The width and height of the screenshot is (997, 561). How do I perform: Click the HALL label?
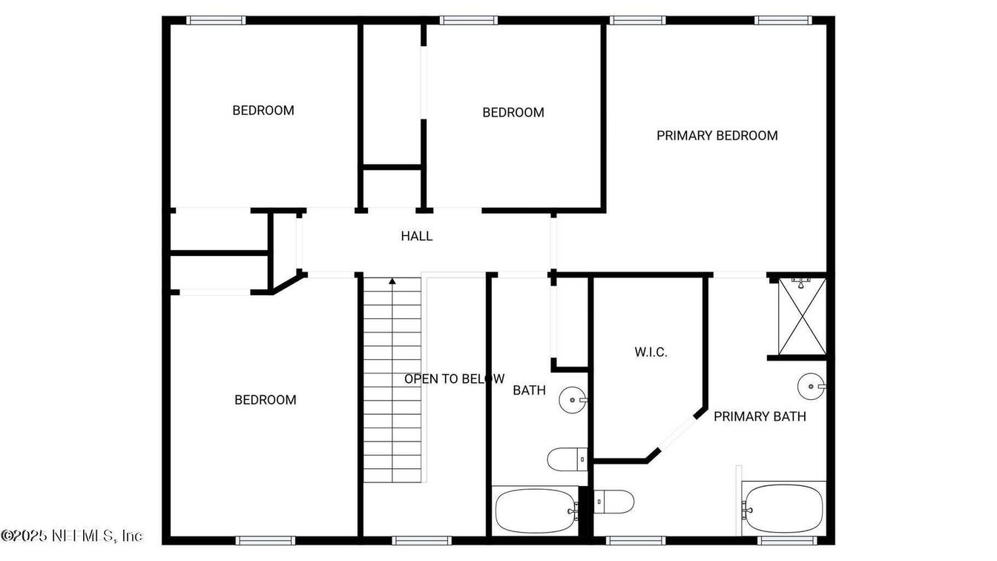click(x=416, y=237)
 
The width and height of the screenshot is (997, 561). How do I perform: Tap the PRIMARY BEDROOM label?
click(x=717, y=136)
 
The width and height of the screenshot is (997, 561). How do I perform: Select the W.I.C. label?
click(x=651, y=352)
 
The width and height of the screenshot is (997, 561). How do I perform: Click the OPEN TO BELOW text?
click(x=454, y=379)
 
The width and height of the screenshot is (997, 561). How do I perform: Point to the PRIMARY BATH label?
click(x=760, y=416)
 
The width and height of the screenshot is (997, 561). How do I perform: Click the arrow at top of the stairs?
click(x=392, y=281)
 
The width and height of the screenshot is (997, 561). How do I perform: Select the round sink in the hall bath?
click(x=573, y=400)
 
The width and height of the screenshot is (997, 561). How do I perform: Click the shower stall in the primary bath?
click(x=800, y=317)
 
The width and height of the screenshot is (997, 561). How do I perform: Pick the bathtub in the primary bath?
click(x=783, y=508)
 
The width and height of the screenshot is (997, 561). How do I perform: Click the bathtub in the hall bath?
click(x=535, y=511)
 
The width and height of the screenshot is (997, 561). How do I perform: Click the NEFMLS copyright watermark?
click(x=72, y=535)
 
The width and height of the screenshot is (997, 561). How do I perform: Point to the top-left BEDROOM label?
click(x=263, y=111)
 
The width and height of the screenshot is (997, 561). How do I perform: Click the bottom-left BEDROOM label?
click(x=266, y=400)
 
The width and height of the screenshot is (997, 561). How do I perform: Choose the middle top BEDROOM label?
click(x=513, y=113)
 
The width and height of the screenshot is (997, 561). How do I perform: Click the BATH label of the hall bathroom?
click(x=530, y=390)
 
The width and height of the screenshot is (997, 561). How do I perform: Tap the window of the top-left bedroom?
click(x=216, y=20)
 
